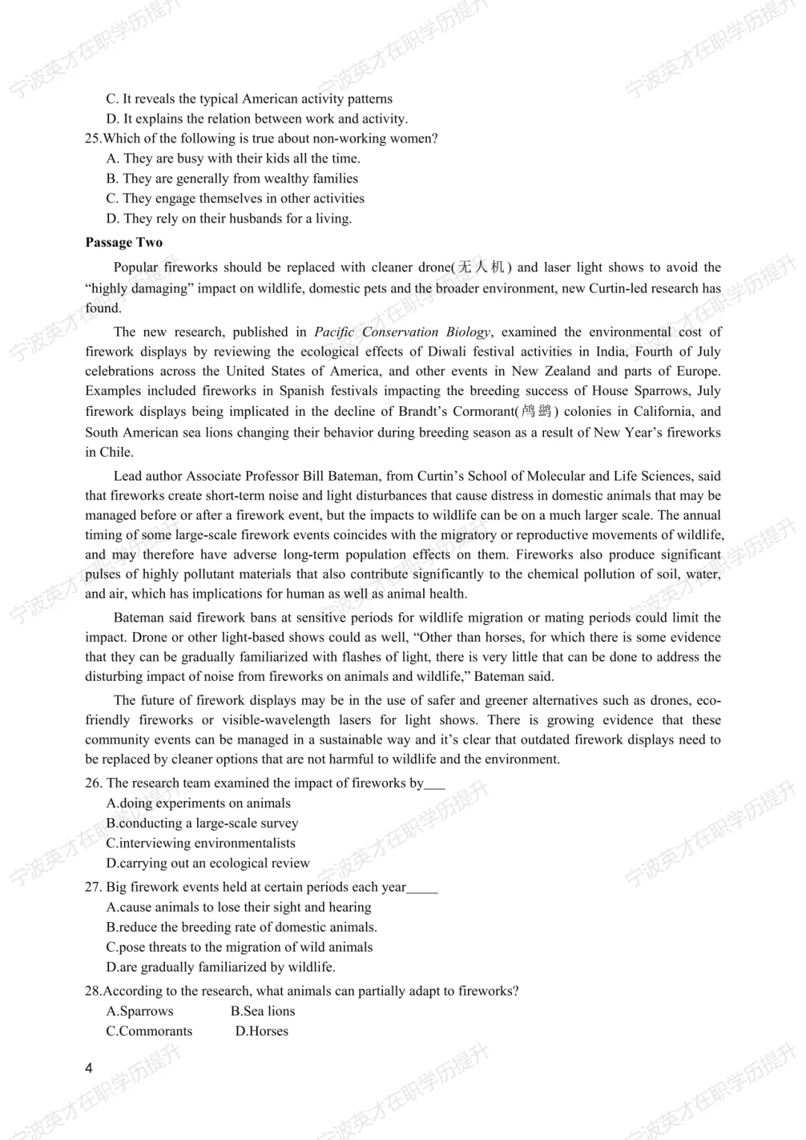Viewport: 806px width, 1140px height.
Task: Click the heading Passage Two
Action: [x=124, y=243]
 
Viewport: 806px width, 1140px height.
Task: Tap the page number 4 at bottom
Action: [x=89, y=1068]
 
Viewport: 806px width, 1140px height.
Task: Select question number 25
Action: [x=93, y=139]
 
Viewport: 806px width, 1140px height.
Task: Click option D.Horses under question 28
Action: [x=262, y=1031]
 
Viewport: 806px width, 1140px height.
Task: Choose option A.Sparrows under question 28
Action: [x=140, y=1011]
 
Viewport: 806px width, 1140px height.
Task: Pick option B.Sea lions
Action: [x=263, y=1011]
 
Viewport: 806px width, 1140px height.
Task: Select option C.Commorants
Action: [x=149, y=1031]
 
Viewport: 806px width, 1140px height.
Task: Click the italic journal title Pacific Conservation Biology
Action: [x=402, y=332]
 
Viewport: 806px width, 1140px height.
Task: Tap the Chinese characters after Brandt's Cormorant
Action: [x=536, y=411]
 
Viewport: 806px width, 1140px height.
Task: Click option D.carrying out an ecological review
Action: [x=207, y=863]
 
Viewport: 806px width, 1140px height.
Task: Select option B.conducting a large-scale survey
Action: [x=202, y=823]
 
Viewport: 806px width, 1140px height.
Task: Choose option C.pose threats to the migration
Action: [x=240, y=947]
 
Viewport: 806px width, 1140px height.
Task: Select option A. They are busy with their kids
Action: [x=233, y=158]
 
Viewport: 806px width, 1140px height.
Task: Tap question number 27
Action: [x=93, y=888]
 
